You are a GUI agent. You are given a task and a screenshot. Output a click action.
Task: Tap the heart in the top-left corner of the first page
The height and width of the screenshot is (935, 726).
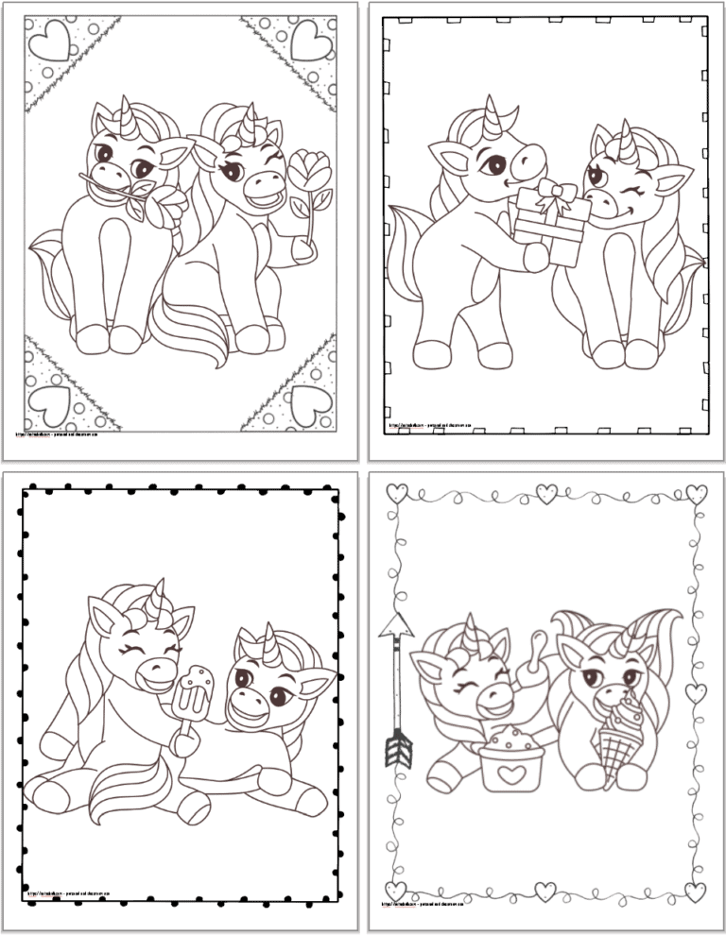click(44, 42)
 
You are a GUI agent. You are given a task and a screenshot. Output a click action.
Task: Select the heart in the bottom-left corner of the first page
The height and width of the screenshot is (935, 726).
click(44, 407)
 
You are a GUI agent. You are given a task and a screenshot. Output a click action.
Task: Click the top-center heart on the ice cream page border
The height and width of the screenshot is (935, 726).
click(546, 491)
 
